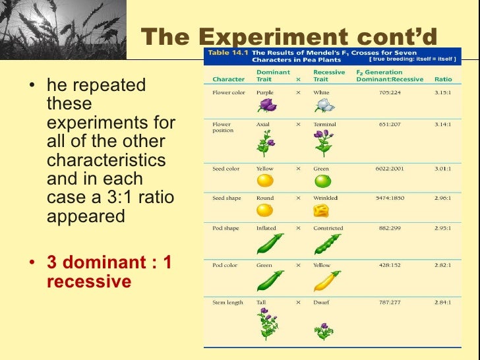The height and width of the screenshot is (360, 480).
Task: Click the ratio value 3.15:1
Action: [442, 92]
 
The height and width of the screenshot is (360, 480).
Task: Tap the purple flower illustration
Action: [266, 105]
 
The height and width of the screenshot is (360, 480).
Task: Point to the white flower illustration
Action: [322, 105]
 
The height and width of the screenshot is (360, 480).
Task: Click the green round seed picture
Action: [322, 180]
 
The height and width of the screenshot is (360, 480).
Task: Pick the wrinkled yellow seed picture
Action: [321, 211]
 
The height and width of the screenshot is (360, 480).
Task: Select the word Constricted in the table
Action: [328, 228]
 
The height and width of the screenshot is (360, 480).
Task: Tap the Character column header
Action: [228, 79]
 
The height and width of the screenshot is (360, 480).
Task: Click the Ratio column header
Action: [442, 79]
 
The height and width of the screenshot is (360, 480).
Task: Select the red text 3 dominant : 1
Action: [109, 262]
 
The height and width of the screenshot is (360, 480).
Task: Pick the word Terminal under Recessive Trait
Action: [324, 124]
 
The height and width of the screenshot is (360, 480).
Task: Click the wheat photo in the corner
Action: [63, 30]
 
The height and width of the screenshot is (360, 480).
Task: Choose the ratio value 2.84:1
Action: [442, 303]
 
